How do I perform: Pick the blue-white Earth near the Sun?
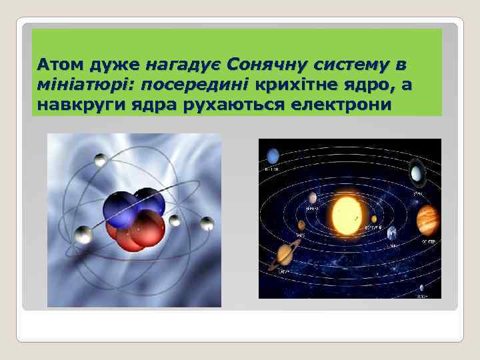[x=392, y=233]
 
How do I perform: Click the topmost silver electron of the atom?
[x=101, y=159]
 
